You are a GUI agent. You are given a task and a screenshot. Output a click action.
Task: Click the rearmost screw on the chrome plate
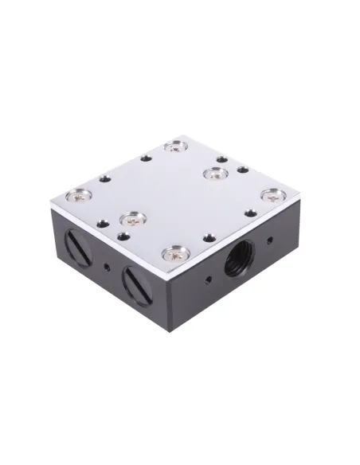click(x=174, y=147)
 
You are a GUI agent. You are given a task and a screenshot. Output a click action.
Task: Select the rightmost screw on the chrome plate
click(x=272, y=193)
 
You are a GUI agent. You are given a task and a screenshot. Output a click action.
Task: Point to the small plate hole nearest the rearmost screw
click(x=146, y=158)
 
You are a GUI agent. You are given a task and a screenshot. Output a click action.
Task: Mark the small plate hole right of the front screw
click(x=208, y=236)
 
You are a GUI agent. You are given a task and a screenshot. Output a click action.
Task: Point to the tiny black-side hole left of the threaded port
click(x=208, y=278)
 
